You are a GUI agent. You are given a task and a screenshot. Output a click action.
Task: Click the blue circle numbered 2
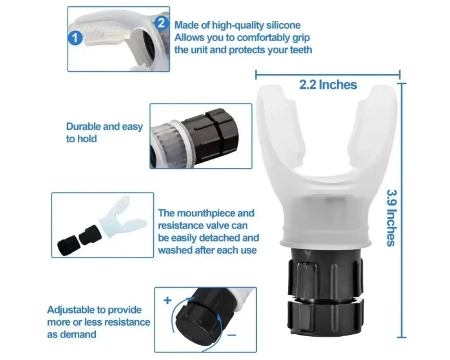coord(162,22)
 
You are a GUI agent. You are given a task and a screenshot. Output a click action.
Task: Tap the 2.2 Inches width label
coord(328,85)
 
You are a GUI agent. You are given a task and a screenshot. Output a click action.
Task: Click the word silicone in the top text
coord(283,25)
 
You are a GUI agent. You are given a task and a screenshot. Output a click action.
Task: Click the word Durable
coord(83,126)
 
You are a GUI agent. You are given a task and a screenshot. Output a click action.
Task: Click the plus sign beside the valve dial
coord(168,301)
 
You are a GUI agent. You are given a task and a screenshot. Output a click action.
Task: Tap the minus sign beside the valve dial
coord(233,335)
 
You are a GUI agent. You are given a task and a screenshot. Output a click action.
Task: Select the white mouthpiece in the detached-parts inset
coord(123,217)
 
